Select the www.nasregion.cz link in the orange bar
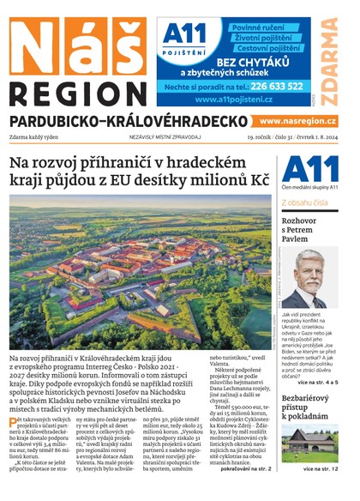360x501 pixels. [297, 122]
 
